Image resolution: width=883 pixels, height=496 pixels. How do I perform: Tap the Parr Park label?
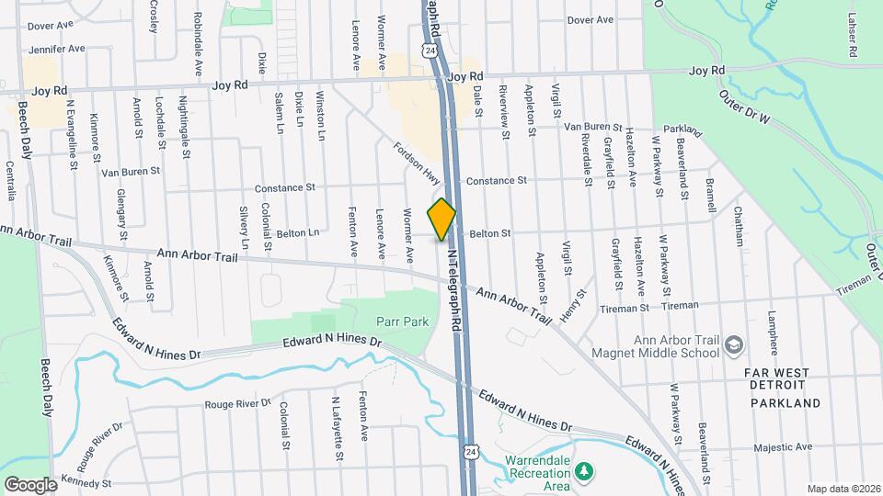pyautogui.click(x=403, y=321)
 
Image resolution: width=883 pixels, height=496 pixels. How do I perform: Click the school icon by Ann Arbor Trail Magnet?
pyautogui.click(x=733, y=344)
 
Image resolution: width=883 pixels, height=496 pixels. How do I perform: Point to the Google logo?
pyautogui.click(x=30, y=483)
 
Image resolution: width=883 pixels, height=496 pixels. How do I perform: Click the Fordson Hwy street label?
pyautogui.click(x=418, y=162)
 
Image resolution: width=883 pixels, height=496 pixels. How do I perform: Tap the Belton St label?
pyautogui.click(x=489, y=233)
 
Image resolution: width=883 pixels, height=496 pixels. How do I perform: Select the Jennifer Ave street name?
pyautogui.click(x=57, y=48)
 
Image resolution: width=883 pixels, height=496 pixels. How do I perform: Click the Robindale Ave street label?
pyautogui.click(x=197, y=43)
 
